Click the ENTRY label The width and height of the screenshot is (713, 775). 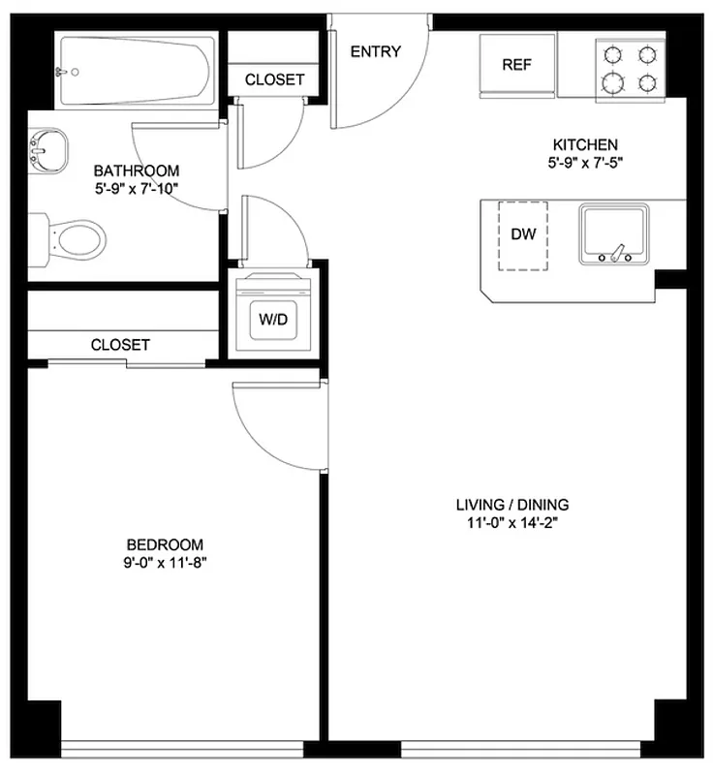click(375, 51)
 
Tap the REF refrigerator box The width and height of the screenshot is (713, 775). click(517, 65)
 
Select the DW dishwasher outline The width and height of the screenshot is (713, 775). click(523, 235)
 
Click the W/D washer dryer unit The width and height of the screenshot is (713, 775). click(272, 319)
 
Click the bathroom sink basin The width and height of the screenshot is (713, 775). click(47, 151)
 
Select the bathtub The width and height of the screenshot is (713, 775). click(137, 70)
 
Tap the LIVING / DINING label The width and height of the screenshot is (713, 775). click(512, 505)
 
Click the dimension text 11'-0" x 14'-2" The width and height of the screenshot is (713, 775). click(512, 523)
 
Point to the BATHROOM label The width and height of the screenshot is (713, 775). click(137, 170)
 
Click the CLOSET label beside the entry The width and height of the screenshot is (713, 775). click(274, 79)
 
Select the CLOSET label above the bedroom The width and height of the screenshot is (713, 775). click(120, 344)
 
